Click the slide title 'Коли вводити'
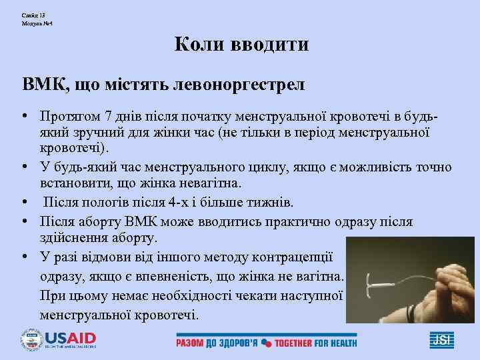[241, 45]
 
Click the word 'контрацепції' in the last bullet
[295, 257]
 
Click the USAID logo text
[70, 338]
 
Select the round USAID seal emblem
[31, 340]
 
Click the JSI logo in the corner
[441, 341]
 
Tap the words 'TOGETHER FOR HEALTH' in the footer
[315, 343]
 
